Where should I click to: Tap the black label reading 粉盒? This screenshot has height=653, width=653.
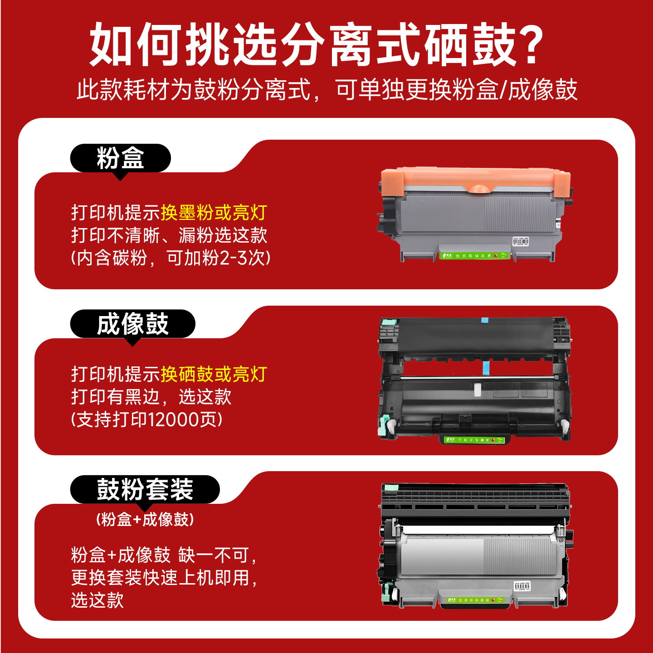click(120, 158)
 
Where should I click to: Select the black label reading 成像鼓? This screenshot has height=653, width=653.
click(132, 324)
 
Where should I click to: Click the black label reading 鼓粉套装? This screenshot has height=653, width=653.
click(145, 489)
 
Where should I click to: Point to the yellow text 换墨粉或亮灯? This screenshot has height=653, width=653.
click(214, 213)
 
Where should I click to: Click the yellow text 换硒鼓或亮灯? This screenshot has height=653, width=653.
click(214, 375)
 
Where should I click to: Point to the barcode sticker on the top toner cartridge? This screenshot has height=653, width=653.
click(521, 241)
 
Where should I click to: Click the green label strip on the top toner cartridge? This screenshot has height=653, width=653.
click(474, 256)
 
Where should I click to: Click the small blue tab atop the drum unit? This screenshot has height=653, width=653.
click(484, 320)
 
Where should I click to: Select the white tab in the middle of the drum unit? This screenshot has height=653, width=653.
click(477, 390)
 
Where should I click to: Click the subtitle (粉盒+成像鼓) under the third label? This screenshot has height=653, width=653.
click(145, 519)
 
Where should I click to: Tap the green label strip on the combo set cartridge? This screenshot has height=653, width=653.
click(475, 600)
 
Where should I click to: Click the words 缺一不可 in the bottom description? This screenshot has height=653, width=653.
click(213, 555)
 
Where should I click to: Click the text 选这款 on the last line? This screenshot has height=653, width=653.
click(97, 600)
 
